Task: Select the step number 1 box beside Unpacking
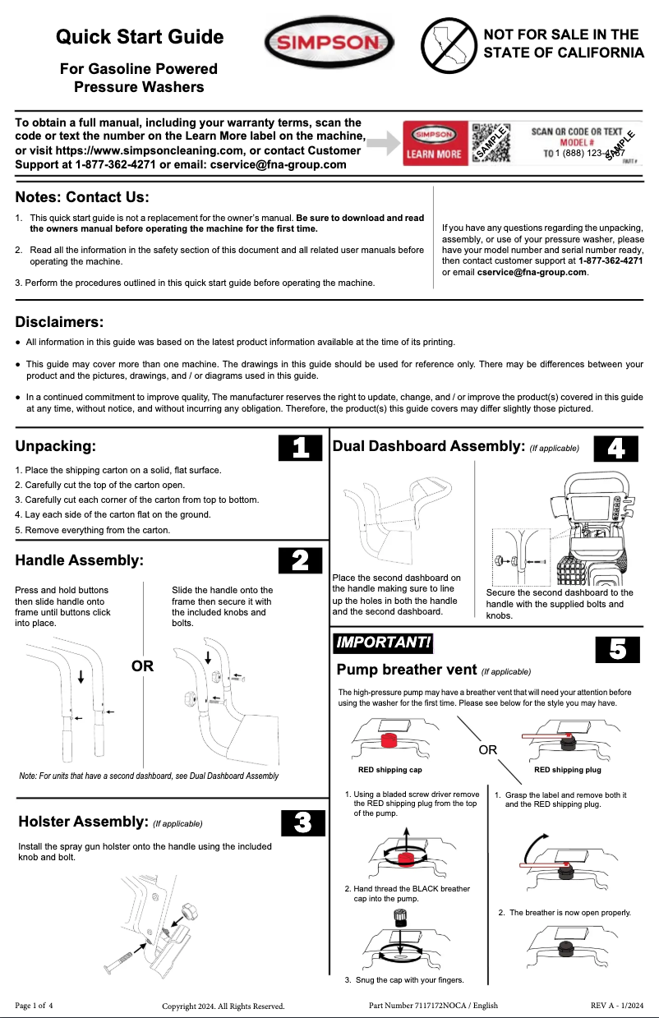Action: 300,448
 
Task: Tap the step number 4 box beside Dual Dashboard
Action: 615,448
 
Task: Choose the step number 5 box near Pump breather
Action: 617,649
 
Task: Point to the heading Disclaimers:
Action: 59,321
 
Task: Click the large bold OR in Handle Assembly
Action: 143,666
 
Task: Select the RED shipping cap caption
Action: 389,770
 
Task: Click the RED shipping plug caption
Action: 567,770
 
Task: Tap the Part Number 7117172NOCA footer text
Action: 433,1005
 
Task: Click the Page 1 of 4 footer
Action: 34,1005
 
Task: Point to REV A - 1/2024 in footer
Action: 616,1005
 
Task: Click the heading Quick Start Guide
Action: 140,37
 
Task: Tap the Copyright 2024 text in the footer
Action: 223,1006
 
